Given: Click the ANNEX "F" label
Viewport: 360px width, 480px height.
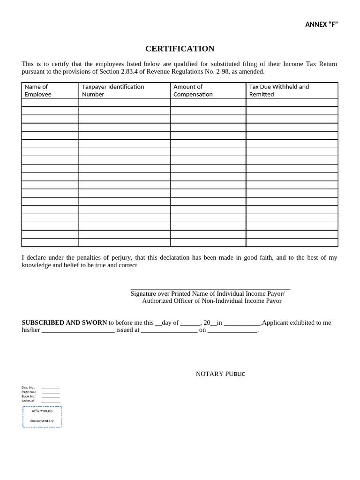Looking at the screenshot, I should (x=321, y=24).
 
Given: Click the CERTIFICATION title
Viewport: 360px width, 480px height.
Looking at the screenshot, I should (x=180, y=49).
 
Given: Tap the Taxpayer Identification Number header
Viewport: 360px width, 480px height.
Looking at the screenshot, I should (x=113, y=90).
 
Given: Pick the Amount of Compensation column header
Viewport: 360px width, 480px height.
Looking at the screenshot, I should (x=193, y=90).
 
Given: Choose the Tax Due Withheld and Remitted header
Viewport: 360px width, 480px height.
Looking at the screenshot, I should (x=279, y=90).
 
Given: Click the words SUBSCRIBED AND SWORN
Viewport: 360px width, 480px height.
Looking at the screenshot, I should (x=64, y=322).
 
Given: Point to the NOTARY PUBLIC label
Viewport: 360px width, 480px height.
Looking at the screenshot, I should (x=220, y=374).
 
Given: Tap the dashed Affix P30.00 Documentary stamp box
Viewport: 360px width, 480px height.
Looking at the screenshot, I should (x=42, y=416).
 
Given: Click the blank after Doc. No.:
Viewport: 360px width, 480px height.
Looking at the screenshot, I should (x=50, y=388).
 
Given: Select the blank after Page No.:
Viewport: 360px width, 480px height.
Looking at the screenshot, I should (x=50, y=392).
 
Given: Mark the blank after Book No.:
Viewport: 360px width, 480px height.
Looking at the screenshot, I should (x=50, y=397).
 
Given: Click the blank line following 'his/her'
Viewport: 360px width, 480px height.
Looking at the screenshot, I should (x=78, y=330).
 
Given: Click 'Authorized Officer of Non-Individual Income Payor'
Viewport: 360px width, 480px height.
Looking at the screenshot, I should (x=212, y=301).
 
